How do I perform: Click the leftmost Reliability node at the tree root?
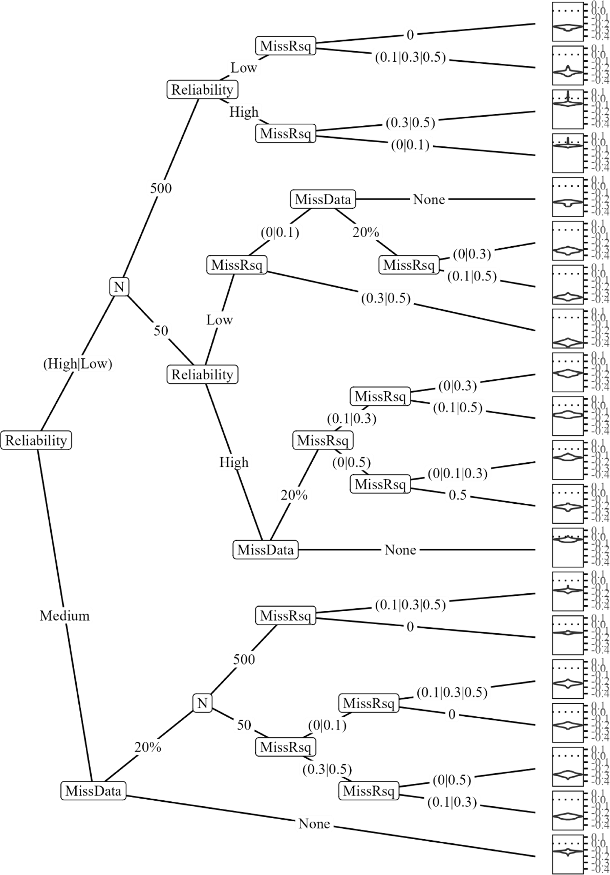coord(36,440)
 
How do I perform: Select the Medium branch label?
coord(65,615)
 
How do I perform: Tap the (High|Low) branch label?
coord(78,364)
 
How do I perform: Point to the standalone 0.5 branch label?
coord(458,495)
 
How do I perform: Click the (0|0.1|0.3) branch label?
coord(458,473)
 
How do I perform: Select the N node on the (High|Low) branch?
coord(119,287)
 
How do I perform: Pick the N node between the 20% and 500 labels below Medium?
coord(202,703)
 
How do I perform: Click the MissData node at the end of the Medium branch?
coord(93,790)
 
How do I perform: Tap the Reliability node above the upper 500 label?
coord(202,90)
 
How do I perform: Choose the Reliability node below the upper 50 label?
coord(202,374)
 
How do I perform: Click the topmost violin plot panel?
coord(568,22)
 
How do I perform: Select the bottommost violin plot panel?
coord(568,854)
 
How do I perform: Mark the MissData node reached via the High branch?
coord(266,550)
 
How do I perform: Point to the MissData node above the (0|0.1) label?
coord(323,199)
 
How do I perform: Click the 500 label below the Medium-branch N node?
coord(244,659)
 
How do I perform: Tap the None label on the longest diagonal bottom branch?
coord(314,824)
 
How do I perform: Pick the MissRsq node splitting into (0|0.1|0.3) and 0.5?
coord(380,484)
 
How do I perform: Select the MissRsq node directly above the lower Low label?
coord(237,265)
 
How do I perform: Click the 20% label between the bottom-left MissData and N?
coord(147,747)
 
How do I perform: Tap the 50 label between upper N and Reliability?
coord(161,330)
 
